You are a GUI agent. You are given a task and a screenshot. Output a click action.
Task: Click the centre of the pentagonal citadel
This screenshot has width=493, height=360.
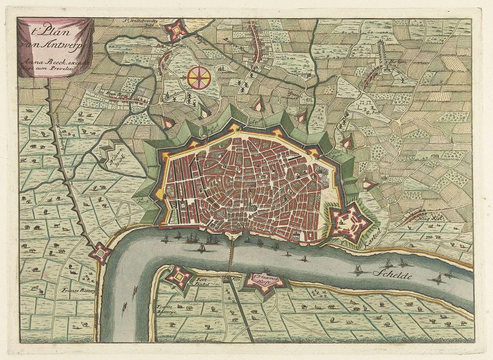[350, 222]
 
